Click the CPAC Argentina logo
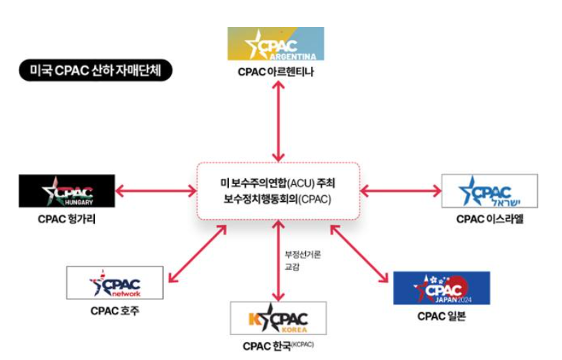click(275, 43)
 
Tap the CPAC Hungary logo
click(66, 191)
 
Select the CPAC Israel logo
click(489, 190)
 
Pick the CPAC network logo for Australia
click(114, 283)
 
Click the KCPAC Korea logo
click(278, 318)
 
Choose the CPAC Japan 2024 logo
click(441, 288)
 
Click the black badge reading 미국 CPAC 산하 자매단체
click(96, 71)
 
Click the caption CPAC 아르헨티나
click(275, 72)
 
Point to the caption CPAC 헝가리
click(66, 219)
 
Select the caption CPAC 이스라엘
click(489, 219)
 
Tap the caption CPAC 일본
click(441, 317)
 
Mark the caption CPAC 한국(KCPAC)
click(278, 346)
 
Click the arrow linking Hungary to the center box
click(155, 190)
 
